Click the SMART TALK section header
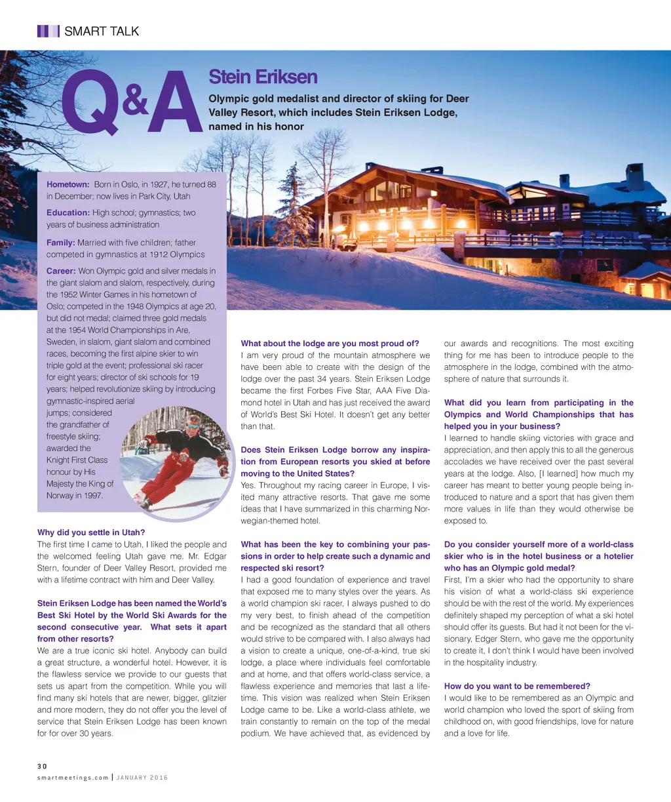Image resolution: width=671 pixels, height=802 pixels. [x=102, y=31]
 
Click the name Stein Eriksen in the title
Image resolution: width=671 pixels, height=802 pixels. [x=262, y=77]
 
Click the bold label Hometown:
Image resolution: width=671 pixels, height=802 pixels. [x=67, y=184]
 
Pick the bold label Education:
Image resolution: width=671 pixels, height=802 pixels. [x=68, y=212]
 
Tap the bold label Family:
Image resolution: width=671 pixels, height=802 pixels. [x=60, y=243]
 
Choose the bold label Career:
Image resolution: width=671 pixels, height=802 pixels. [x=61, y=271]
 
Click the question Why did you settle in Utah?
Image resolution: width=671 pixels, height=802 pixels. [x=91, y=532]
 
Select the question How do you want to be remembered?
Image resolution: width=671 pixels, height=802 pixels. [x=517, y=686]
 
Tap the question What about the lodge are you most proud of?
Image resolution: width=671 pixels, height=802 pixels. [x=330, y=343]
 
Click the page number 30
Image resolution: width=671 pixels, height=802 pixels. [x=42, y=766]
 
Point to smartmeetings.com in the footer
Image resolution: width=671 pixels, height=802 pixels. [x=73, y=778]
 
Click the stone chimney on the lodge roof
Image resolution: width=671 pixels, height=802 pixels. [x=634, y=176]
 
